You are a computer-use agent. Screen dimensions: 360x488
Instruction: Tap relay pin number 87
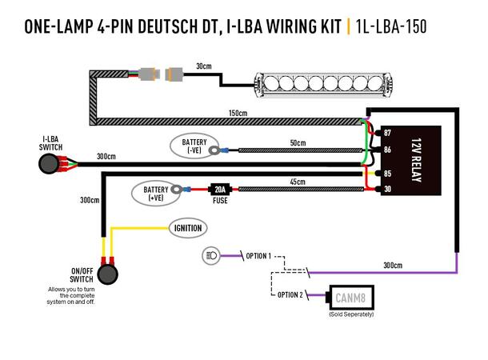[x=387, y=132]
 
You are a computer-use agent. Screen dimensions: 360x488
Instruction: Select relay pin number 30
[x=387, y=189]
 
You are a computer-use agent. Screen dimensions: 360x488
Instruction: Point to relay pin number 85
[x=387, y=172]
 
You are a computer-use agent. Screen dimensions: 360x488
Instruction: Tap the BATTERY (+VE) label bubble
[x=155, y=192]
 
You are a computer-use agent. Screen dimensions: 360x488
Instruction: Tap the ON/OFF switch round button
[x=106, y=273]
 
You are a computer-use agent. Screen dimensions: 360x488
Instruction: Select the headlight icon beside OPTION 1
[x=212, y=256]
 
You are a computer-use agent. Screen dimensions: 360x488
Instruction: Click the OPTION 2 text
[x=290, y=295]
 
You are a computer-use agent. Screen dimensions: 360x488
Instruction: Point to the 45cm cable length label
[x=298, y=182]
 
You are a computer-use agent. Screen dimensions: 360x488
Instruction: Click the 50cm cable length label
[x=298, y=142]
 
